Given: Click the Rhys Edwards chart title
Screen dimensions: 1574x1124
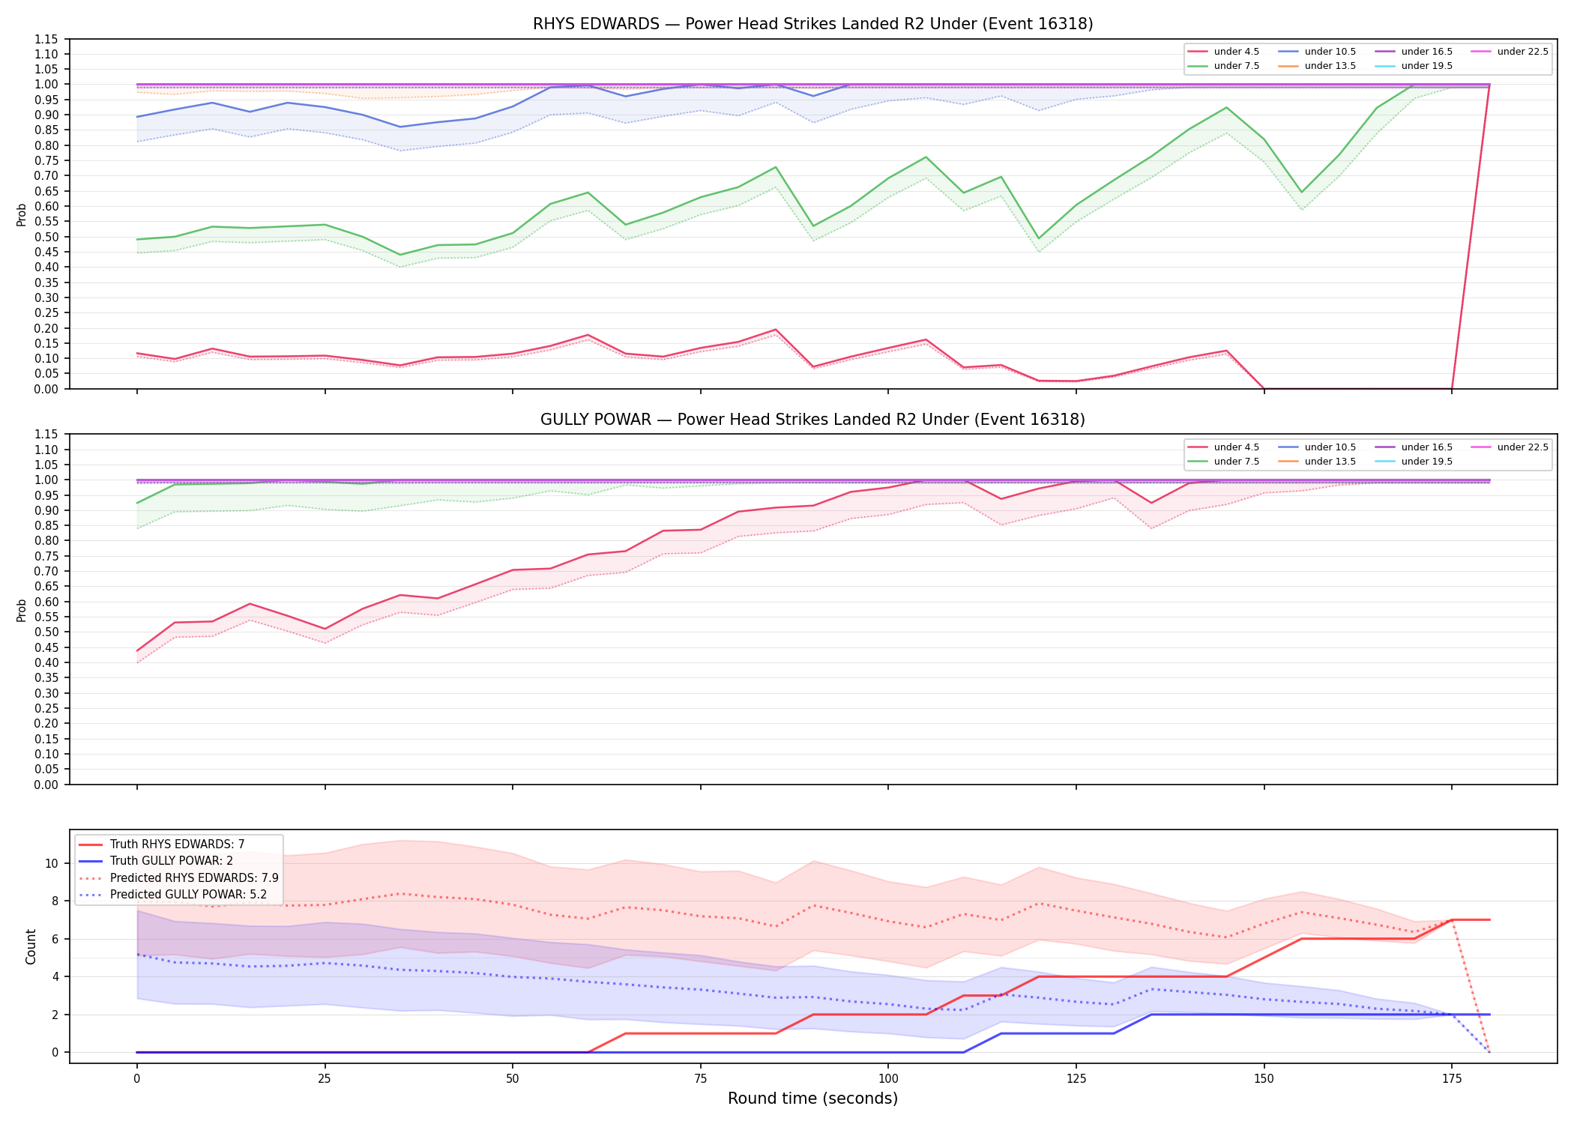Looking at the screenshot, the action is [812, 24].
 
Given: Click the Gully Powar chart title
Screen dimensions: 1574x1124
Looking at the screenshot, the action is [812, 420].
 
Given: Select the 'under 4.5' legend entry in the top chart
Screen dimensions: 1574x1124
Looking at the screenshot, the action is [1224, 52].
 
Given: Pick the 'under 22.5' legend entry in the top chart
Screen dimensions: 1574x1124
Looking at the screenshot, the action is [1510, 52].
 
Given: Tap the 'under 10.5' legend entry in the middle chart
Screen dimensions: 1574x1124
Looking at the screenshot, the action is [1318, 447].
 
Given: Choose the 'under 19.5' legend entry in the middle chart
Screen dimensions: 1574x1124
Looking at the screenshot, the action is [1414, 462].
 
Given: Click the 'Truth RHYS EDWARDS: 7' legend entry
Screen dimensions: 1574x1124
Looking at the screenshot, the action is [162, 844].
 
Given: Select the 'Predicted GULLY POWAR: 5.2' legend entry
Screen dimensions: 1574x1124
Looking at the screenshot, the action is [173, 894].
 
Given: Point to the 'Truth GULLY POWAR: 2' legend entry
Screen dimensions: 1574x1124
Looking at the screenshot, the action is [156, 861].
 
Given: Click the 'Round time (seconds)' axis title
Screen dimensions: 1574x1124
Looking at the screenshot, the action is [812, 1099].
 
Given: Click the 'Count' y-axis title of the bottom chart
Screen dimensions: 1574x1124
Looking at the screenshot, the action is [31, 946].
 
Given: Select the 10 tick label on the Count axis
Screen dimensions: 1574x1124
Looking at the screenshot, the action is [52, 863].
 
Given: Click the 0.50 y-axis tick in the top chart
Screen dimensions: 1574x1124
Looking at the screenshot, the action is [46, 237].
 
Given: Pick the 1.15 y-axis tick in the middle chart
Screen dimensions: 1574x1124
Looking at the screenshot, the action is [46, 435].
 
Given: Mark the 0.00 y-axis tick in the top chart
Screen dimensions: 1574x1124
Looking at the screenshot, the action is [46, 389].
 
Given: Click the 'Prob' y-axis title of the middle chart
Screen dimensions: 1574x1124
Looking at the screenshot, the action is [22, 610].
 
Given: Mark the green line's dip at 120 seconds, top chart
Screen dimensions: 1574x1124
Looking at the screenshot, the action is [1039, 238].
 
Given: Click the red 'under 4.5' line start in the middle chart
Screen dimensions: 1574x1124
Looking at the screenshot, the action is [137, 650].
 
